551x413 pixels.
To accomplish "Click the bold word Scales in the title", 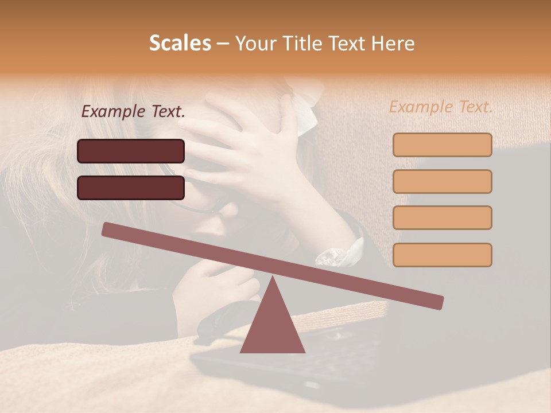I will click(x=180, y=44).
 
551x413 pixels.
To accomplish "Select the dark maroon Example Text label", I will click(x=133, y=112).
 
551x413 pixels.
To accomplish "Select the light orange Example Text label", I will click(x=441, y=107).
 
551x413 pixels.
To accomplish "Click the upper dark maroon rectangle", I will click(x=131, y=151).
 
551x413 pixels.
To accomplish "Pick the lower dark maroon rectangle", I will click(x=131, y=188).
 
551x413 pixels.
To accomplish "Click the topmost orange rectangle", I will click(x=442, y=145).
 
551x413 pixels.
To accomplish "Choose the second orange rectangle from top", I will click(x=442, y=181).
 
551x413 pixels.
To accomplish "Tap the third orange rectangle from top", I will click(x=442, y=217).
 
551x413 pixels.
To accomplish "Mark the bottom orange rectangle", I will click(x=442, y=255).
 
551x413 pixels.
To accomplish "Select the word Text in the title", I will click(x=350, y=44).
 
